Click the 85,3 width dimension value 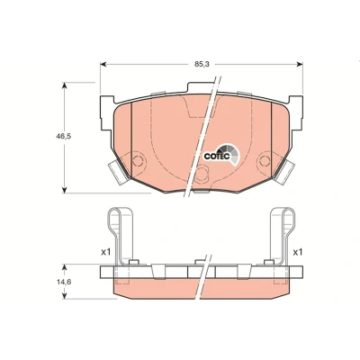click(x=202, y=64)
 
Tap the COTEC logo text click(x=217, y=157)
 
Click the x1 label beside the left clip click(x=105, y=252)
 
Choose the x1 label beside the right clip click(x=297, y=252)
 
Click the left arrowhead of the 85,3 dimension click(x=103, y=64)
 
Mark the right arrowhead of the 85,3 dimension click(x=300, y=64)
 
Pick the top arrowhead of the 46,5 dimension click(x=64, y=85)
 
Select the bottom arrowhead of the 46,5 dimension click(x=64, y=190)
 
